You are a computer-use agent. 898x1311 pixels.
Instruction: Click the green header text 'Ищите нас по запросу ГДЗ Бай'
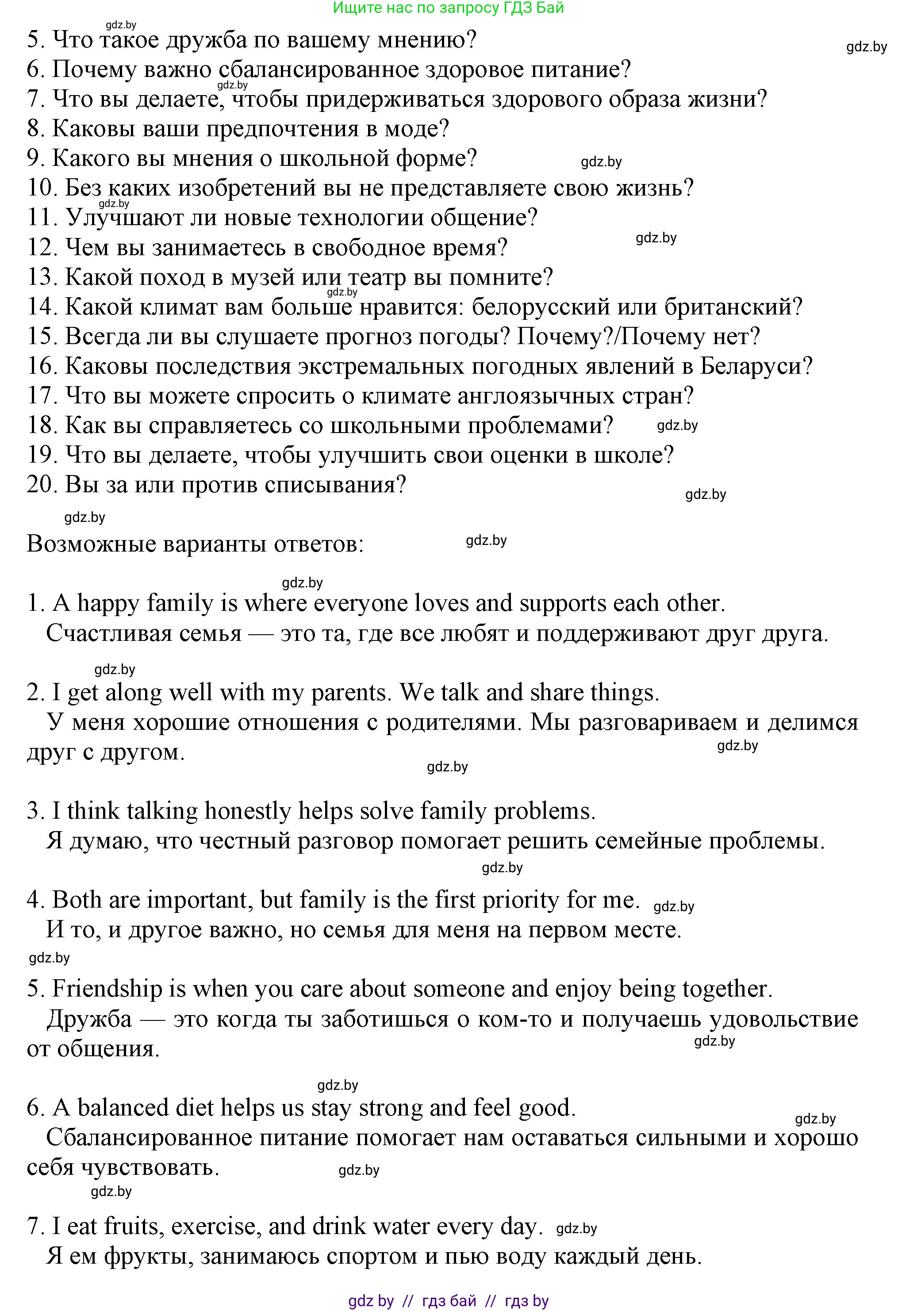pos(449,8)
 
